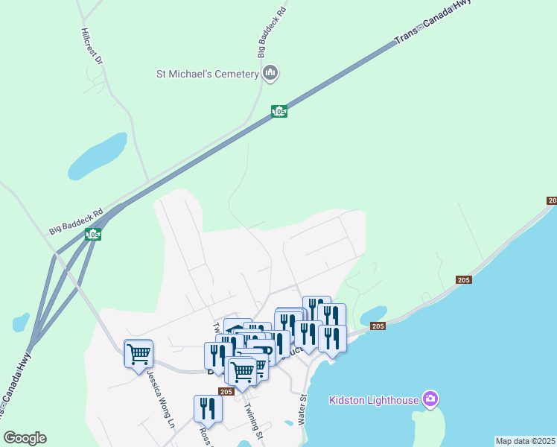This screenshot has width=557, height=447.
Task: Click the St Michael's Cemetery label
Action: (x=207, y=74)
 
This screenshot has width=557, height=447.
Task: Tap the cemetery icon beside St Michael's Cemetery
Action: (x=270, y=73)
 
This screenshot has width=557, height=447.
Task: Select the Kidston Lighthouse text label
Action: (x=374, y=400)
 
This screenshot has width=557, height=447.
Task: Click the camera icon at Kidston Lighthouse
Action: (x=430, y=399)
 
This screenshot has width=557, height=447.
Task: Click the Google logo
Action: (x=25, y=438)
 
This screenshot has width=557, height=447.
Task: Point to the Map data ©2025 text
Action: (x=526, y=441)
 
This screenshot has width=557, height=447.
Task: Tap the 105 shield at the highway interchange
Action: (x=93, y=235)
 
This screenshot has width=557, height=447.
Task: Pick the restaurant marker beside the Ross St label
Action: (x=208, y=408)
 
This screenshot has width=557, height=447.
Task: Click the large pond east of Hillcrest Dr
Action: (x=98, y=153)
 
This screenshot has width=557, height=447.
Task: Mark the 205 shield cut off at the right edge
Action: (x=552, y=200)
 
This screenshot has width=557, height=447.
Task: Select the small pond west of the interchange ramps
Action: (x=21, y=322)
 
